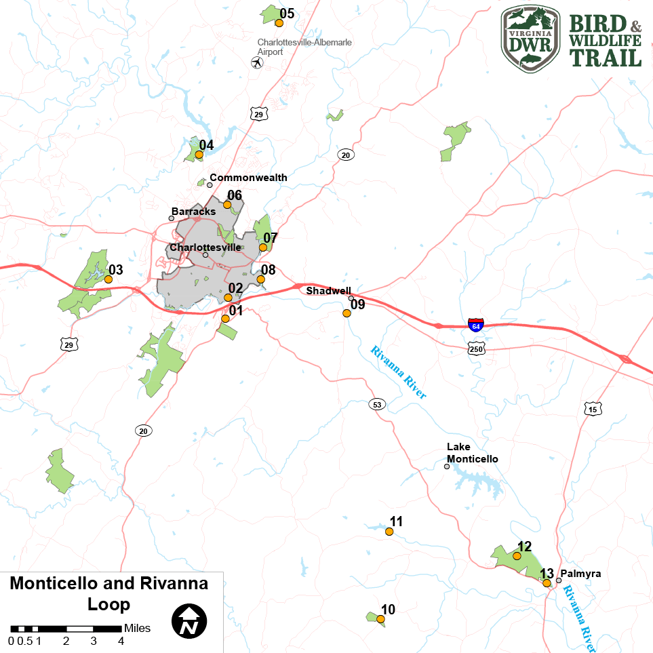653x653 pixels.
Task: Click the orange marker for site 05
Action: tap(279, 23)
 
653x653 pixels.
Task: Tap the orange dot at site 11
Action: tap(389, 532)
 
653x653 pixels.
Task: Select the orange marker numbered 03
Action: tap(108, 279)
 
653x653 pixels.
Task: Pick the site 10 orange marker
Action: tap(380, 619)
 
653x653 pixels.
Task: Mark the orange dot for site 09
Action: tap(347, 313)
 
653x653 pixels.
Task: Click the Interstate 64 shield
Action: tap(476, 325)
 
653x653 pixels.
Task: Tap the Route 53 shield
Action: tap(377, 405)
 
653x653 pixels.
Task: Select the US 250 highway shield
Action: tap(476, 348)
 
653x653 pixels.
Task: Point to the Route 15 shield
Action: tap(592, 409)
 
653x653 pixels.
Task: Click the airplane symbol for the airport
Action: tap(257, 63)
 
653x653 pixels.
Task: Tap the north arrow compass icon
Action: tap(189, 620)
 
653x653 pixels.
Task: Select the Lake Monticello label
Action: tap(472, 453)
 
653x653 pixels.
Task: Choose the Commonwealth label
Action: tap(248, 178)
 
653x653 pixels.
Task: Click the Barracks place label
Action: tap(193, 212)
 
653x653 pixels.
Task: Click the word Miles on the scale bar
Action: tap(138, 629)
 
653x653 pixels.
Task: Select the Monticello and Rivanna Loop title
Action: tap(109, 593)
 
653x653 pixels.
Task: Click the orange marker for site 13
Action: tap(547, 582)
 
